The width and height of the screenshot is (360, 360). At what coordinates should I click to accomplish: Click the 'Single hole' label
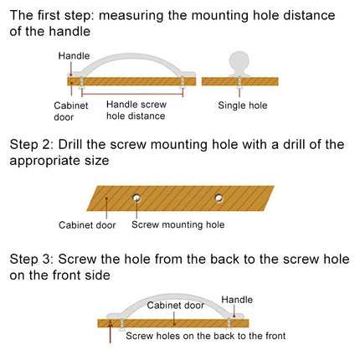coord(243,105)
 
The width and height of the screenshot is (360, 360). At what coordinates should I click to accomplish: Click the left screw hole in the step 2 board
coord(136,198)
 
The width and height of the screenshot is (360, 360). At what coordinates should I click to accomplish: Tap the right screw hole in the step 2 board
coord(219,198)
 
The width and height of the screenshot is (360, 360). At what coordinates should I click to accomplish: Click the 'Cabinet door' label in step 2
coord(86,225)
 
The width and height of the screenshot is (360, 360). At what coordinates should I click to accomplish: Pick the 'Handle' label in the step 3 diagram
coord(237,298)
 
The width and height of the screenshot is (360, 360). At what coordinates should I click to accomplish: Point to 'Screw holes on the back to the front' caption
coord(205,336)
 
